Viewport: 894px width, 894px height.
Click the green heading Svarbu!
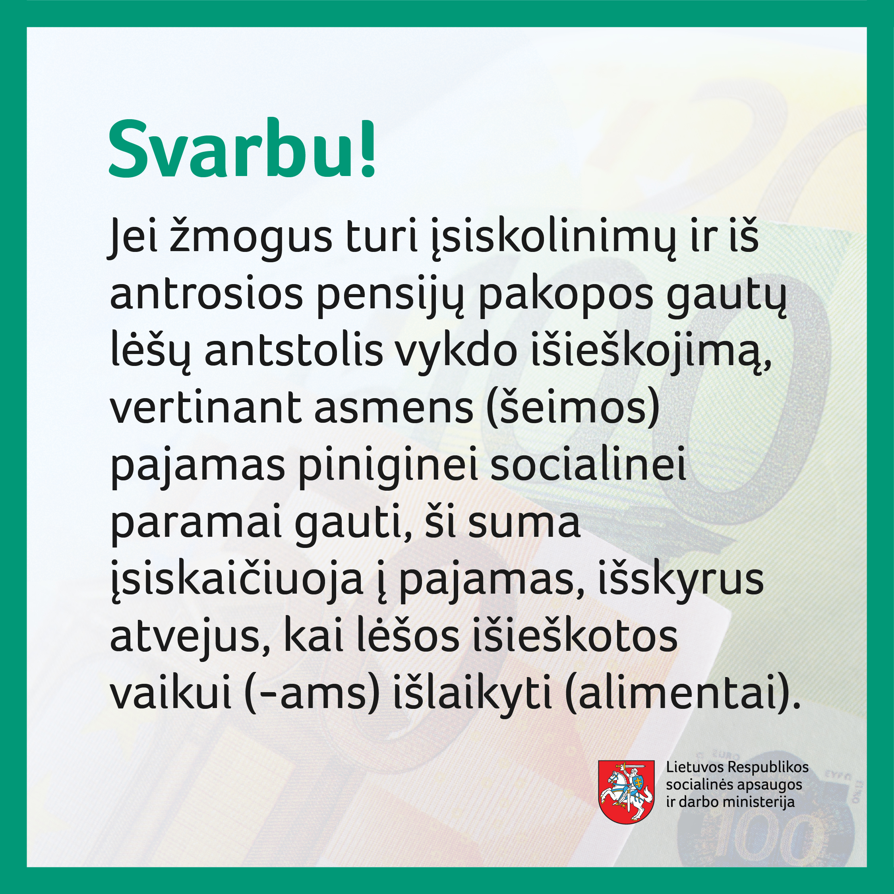point(242,149)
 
